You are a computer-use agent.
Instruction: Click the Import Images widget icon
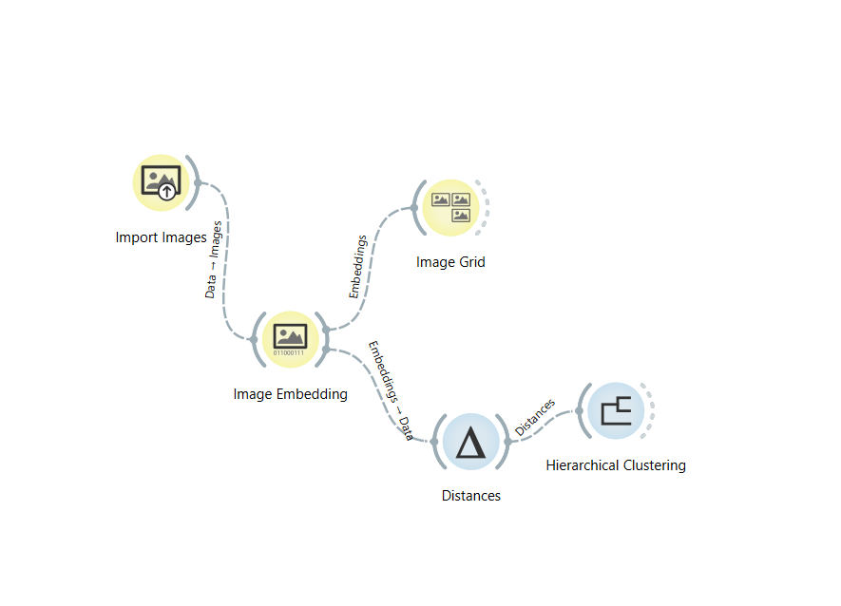[161, 181]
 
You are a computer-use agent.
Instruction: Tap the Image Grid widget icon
[450, 207]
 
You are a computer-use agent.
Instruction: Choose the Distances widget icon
[471, 442]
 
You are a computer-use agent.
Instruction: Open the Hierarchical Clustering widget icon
[616, 410]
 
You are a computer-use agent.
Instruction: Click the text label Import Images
[161, 237]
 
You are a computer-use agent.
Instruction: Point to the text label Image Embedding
[290, 393]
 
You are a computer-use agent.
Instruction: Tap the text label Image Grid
[450, 261]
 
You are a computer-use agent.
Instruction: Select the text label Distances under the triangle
[471, 495]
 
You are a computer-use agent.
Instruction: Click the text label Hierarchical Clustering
[616, 464]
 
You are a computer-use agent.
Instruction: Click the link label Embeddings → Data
[390, 389]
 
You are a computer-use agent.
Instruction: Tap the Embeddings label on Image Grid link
[356, 267]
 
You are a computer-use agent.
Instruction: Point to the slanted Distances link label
[534, 418]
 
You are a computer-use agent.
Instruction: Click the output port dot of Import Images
[198, 182]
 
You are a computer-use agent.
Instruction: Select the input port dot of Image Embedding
[253, 339]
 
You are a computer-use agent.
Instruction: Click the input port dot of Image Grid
[414, 208]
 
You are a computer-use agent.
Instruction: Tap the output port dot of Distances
[508, 442]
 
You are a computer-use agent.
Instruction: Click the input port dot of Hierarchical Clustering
[579, 411]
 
